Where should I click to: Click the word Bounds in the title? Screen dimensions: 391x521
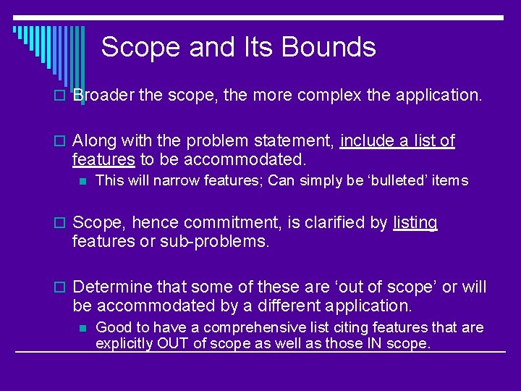coord(329,48)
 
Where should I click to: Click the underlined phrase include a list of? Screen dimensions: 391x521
coord(397,141)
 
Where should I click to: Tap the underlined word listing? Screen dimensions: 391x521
coord(415,223)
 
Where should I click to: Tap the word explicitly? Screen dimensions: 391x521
coord(124,343)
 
